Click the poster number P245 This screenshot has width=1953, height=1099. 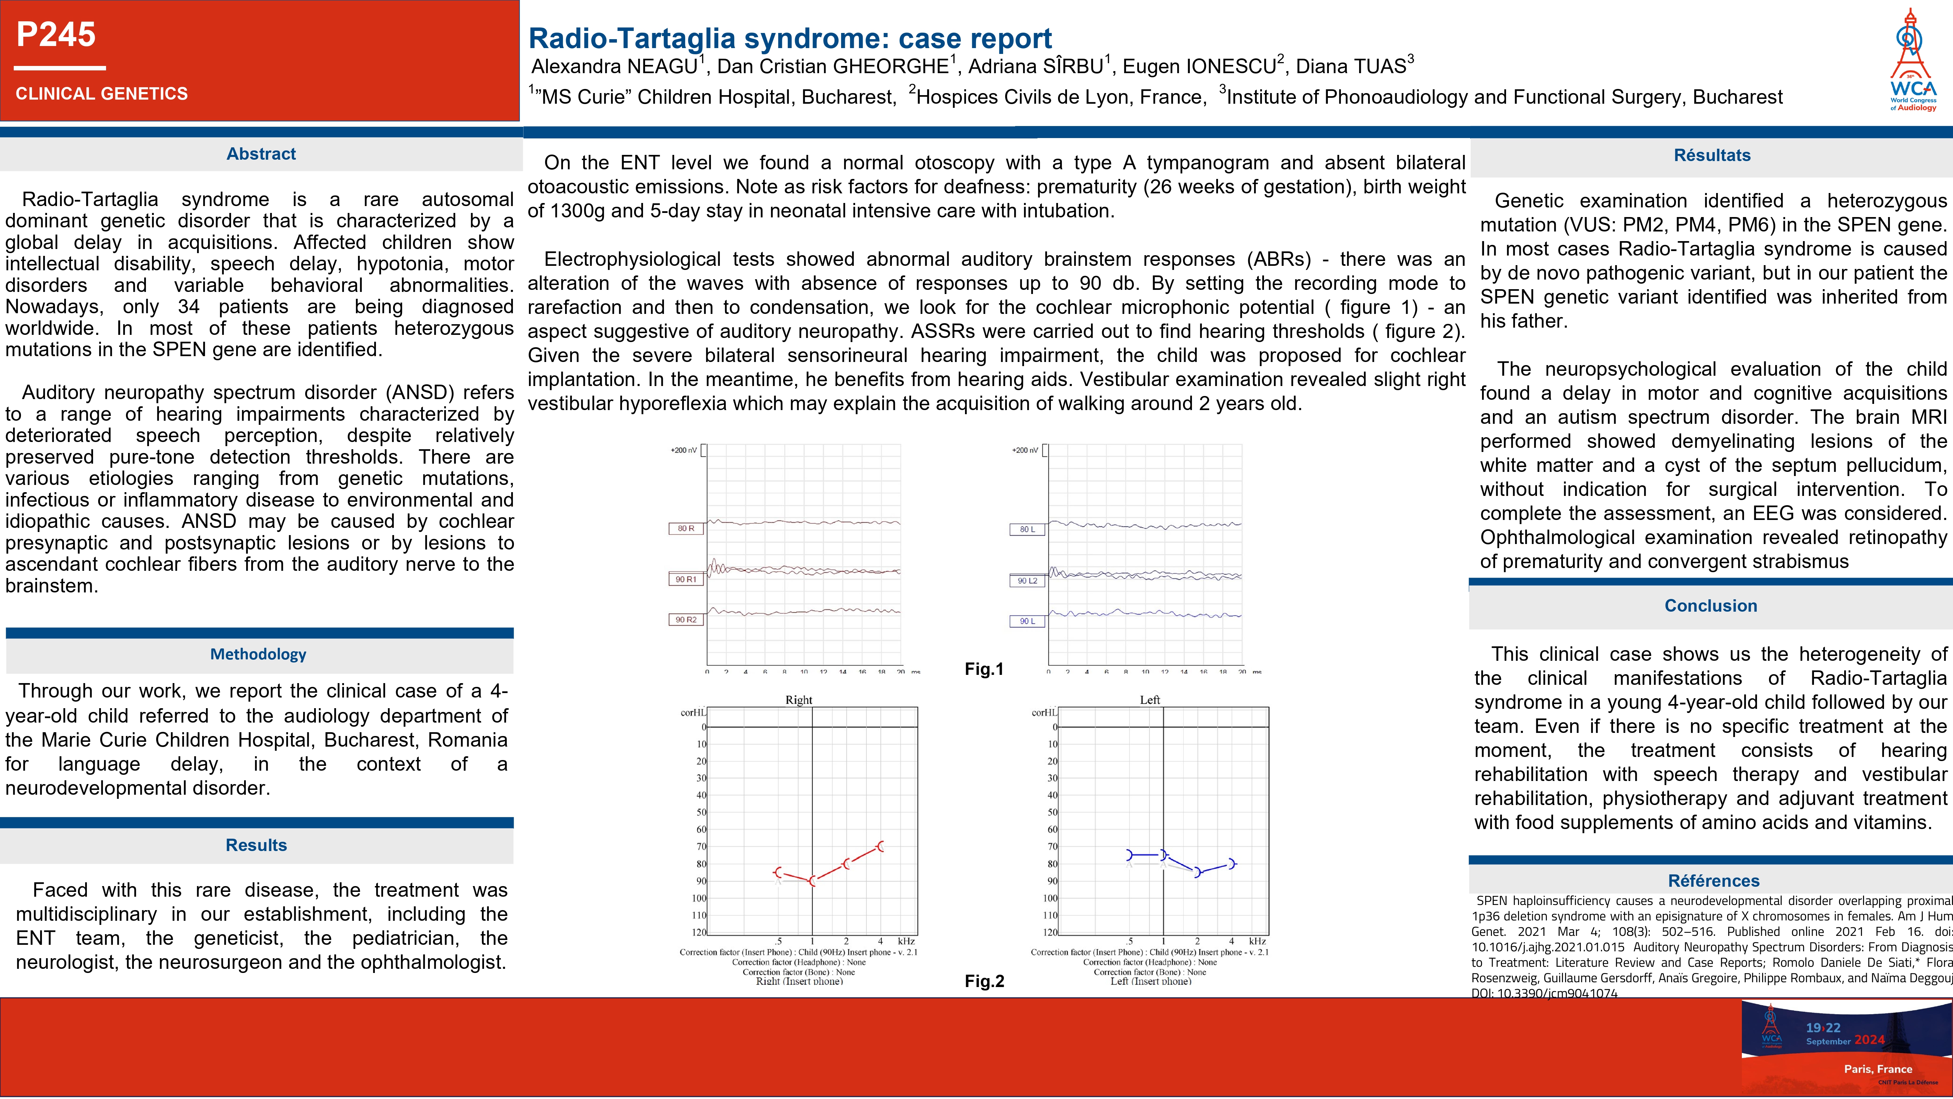(x=56, y=35)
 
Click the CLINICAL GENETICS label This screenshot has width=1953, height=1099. (x=102, y=94)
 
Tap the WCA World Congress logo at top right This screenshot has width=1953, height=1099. (x=1913, y=61)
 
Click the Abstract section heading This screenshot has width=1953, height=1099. (x=261, y=154)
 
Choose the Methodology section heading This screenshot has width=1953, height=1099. (x=258, y=654)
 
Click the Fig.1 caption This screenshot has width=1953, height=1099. (x=983, y=669)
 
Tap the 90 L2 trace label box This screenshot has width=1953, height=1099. (x=1027, y=581)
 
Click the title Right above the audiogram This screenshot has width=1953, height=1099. (x=799, y=700)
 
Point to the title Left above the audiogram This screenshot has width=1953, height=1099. (x=1149, y=700)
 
